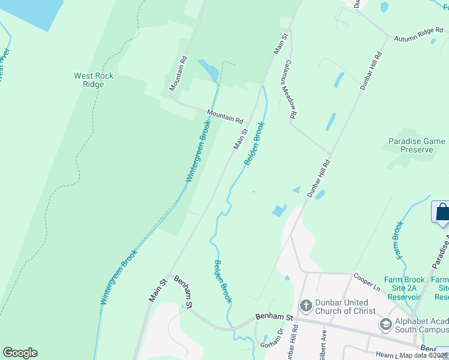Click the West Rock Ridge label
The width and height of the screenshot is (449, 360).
pyautogui.click(x=94, y=80)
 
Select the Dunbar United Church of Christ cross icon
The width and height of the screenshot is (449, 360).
pyautogui.click(x=306, y=306)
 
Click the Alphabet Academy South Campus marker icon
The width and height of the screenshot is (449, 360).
pyautogui.click(x=385, y=325)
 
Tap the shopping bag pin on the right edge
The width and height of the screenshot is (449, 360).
pyautogui.click(x=442, y=213)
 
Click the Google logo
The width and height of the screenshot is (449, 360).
pyautogui.click(x=20, y=353)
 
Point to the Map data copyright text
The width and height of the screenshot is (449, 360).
pyautogui.click(x=424, y=355)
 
